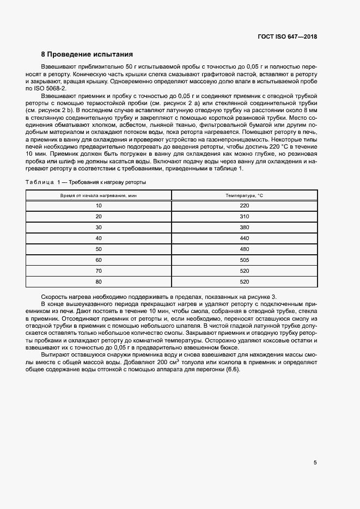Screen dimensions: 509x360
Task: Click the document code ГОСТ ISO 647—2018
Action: click(288, 37)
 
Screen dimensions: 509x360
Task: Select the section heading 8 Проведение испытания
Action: click(87, 54)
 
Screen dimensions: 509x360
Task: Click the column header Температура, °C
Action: click(244, 195)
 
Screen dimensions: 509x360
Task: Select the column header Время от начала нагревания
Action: click(99, 195)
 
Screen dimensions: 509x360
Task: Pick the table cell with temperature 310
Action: click(244, 216)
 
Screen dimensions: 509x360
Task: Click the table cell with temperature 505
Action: click(244, 260)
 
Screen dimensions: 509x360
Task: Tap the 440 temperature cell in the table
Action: click(244, 238)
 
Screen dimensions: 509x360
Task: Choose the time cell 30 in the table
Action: click(99, 227)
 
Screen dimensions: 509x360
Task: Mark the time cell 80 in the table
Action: click(99, 281)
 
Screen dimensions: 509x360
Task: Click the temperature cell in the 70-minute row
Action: click(244, 271)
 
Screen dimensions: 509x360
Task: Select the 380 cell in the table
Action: click(244, 227)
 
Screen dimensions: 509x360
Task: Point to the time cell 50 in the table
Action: click(99, 249)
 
